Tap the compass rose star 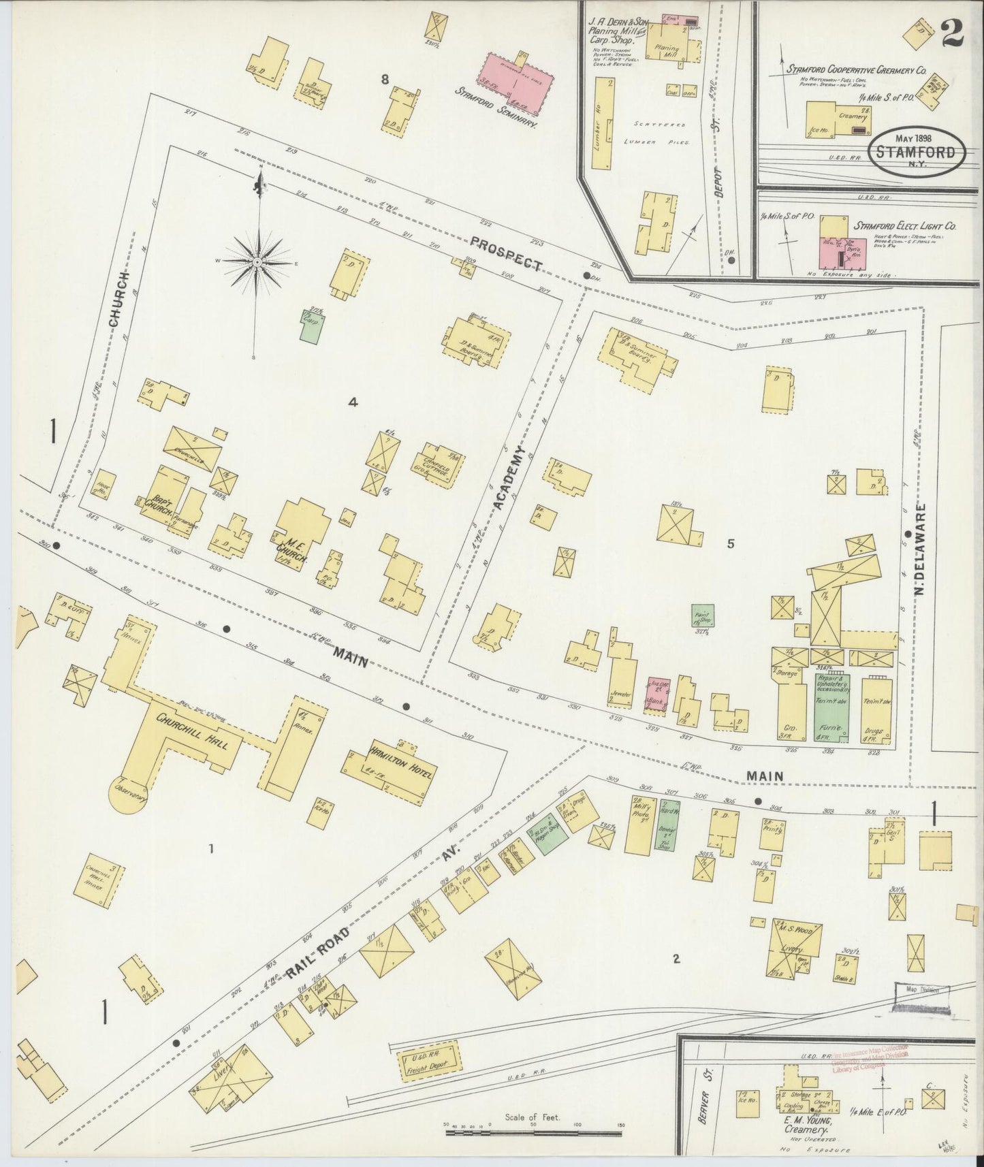point(257,262)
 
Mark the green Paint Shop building point(702,616)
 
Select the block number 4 point(352,402)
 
